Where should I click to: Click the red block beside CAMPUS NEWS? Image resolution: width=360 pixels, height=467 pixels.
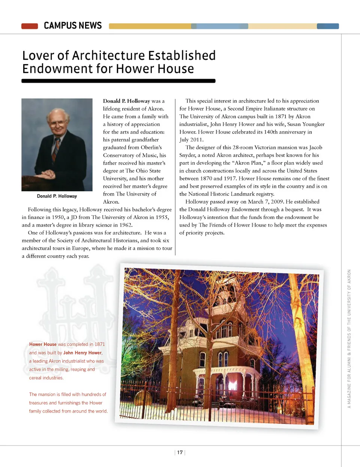[30, 26]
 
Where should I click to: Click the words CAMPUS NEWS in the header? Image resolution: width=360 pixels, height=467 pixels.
[73, 26]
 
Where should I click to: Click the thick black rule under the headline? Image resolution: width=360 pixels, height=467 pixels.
[118, 81]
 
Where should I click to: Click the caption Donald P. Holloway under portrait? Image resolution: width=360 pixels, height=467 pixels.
[57, 196]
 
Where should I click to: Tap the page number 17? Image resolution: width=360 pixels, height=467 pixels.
[180, 452]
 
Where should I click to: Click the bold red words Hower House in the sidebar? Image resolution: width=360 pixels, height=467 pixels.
[43, 344]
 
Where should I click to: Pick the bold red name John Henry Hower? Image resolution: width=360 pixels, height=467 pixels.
[82, 353]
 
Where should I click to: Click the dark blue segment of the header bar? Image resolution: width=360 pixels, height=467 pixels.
[328, 26]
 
